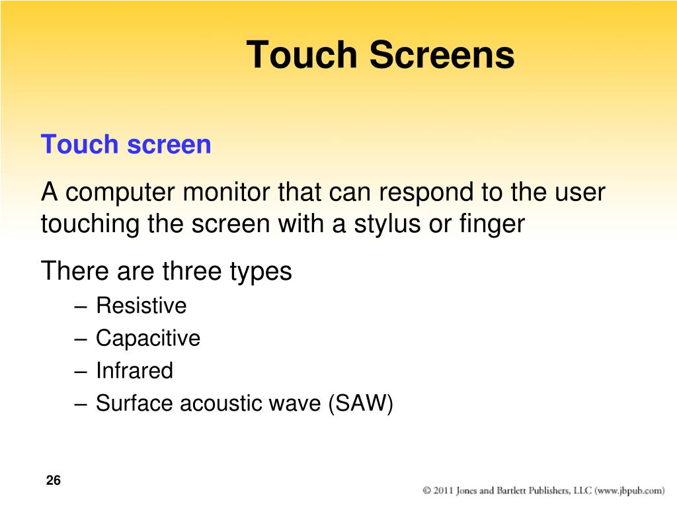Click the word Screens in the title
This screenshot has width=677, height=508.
coord(442,54)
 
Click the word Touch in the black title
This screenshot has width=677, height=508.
coord(302,54)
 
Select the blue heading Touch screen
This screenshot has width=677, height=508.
coord(126,144)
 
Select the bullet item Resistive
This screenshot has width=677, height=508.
coord(141,306)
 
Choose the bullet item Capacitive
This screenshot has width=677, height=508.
coord(148,339)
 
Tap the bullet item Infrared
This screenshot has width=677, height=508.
coord(134,370)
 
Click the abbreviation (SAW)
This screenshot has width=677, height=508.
coord(360,403)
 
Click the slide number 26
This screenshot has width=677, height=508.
coord(53,480)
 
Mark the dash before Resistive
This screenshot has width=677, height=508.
coord(81,308)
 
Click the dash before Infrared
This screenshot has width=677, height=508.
coord(81,372)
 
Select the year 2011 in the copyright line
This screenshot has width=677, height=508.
coord(443,490)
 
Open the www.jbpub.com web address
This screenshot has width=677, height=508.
coord(630,491)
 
